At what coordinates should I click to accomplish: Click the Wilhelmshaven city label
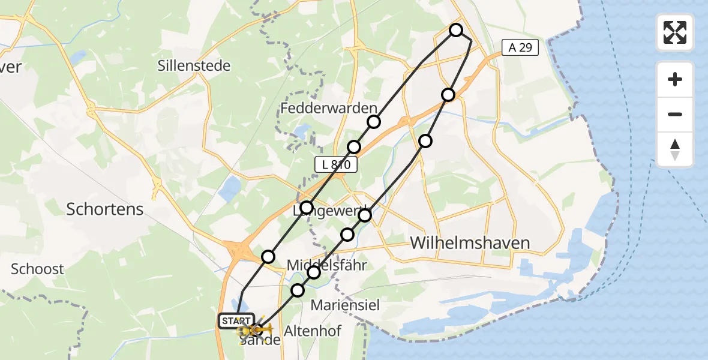(x=470, y=242)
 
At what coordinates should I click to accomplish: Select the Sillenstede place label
(x=194, y=65)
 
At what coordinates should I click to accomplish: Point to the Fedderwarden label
(x=329, y=108)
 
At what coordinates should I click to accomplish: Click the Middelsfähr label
(x=326, y=265)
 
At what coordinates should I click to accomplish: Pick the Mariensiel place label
(x=345, y=305)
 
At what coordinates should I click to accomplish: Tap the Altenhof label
(x=313, y=331)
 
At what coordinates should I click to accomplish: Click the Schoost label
(x=37, y=269)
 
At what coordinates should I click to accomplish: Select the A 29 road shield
(x=520, y=48)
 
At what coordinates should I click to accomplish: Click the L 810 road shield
(x=336, y=164)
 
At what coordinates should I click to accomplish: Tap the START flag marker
(x=237, y=321)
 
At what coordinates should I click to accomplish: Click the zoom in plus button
(x=675, y=79)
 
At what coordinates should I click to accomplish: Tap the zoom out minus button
(x=675, y=114)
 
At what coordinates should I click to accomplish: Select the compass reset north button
(x=675, y=149)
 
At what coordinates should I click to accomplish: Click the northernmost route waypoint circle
(x=456, y=30)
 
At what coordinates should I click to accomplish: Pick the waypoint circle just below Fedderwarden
(x=374, y=122)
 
